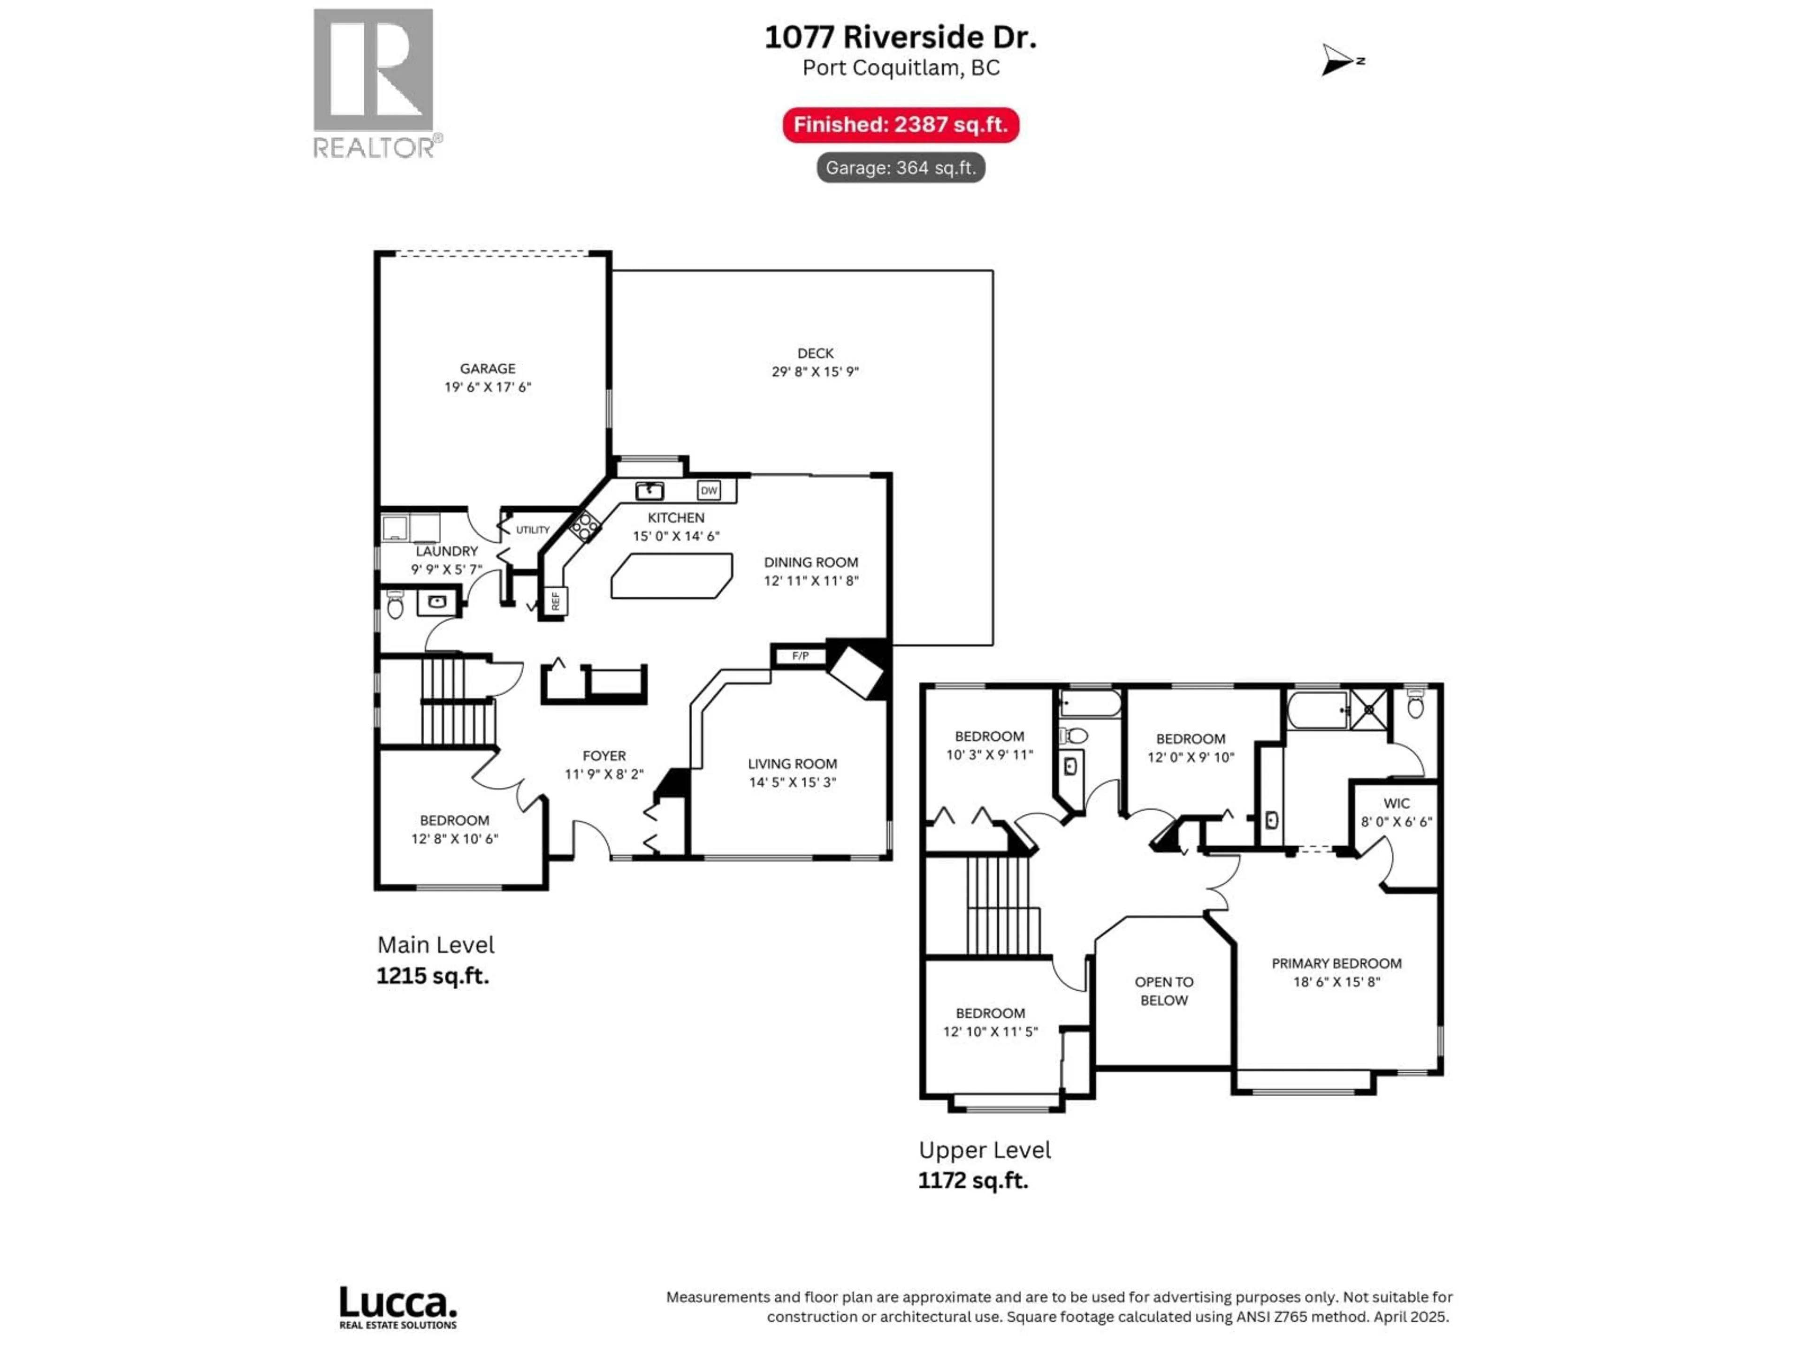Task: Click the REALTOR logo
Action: coord(374,82)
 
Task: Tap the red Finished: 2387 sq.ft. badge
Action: coord(900,125)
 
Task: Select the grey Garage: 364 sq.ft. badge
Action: coord(900,168)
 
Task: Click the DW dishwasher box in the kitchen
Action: coord(709,490)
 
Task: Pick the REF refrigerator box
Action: coord(556,601)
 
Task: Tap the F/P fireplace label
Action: coord(800,655)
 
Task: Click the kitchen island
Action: coord(671,576)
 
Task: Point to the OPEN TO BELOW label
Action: coord(1163,991)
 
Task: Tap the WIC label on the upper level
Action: coord(1396,803)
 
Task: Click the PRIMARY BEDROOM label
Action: coord(1336,964)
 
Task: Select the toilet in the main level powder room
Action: coord(395,605)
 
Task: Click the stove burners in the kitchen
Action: coord(585,526)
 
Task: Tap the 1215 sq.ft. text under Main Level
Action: coord(433,976)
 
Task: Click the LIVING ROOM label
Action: coord(792,764)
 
